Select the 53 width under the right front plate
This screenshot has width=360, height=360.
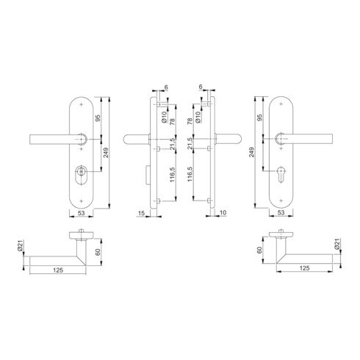click(281, 214)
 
